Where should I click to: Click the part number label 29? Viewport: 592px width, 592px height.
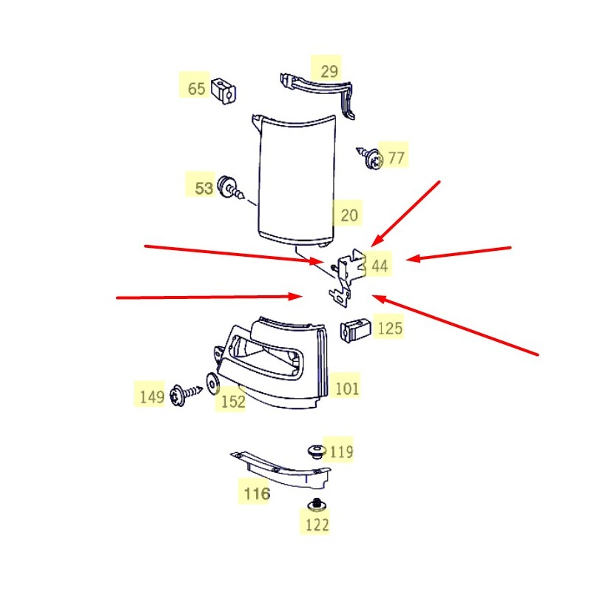329,71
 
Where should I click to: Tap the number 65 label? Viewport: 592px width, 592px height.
196,89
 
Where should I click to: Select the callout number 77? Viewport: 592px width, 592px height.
396,158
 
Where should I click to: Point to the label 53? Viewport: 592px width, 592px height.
204,188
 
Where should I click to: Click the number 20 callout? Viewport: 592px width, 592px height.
349,215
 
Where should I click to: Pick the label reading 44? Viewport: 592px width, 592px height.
380,266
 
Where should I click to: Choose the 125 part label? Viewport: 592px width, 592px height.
390,328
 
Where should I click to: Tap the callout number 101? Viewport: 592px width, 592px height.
346,388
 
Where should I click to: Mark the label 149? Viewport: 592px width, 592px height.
152,397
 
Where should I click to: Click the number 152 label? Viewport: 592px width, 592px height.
233,401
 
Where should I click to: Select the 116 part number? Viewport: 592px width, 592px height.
257,494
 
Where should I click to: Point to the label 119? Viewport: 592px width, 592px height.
341,451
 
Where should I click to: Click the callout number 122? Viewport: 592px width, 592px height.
317,525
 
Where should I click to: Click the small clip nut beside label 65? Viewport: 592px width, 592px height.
223,91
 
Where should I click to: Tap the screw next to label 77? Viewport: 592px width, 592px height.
371,158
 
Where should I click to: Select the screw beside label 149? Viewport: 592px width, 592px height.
186,394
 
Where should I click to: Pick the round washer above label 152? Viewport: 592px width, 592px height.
212,384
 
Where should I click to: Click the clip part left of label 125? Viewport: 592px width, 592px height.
355,329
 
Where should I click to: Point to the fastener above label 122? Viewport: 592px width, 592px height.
317,504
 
